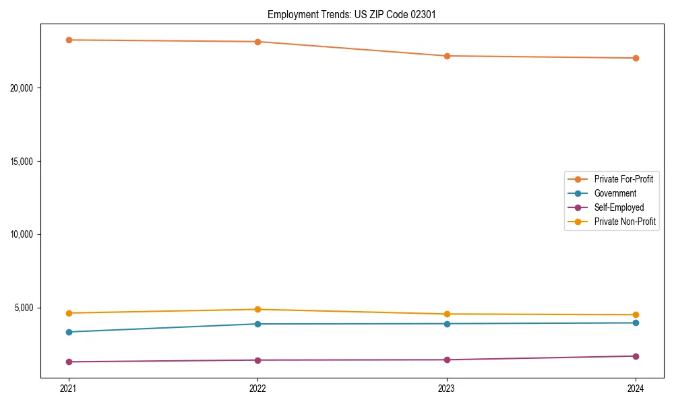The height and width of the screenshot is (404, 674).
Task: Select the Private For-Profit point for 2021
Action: [69, 40]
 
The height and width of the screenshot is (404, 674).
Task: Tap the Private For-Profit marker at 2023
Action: [447, 56]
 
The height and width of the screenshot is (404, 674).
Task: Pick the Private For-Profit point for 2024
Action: [636, 58]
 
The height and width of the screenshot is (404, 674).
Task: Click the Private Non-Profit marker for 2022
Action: [257, 309]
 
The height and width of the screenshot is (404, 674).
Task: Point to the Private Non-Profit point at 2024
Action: [636, 314]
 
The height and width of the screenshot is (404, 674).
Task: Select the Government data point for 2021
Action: [69, 332]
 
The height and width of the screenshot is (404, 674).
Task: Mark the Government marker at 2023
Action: [447, 324]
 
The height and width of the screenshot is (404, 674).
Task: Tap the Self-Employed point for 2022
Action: [257, 360]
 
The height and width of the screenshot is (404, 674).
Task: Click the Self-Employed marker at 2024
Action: [636, 356]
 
